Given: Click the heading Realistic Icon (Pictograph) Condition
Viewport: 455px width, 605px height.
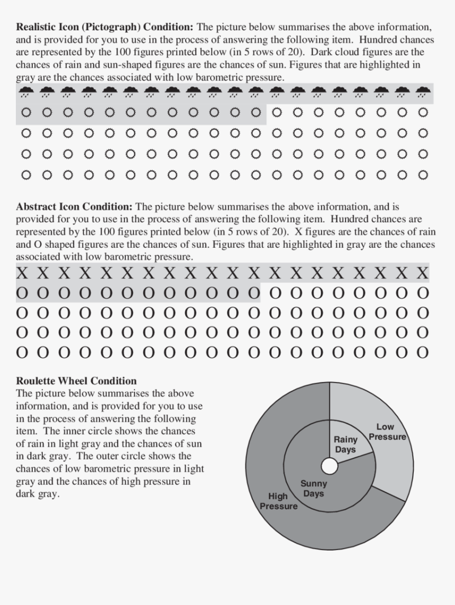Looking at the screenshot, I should [105, 27].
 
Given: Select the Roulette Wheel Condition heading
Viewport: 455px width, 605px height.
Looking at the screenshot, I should [76, 381].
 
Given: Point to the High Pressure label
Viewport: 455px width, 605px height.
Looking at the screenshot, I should [278, 501].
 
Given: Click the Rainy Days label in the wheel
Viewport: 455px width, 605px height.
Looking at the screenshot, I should [345, 445].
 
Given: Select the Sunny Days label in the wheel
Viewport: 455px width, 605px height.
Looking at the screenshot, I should [313, 489].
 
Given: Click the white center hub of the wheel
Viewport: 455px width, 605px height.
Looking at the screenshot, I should [330, 466].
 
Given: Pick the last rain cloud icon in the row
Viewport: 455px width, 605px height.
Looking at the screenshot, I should [422, 93].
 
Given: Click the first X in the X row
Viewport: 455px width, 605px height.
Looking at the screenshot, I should [22, 274].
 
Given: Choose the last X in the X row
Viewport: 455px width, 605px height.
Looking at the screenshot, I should [422, 274].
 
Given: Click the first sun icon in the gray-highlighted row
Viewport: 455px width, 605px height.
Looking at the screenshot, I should [26, 112].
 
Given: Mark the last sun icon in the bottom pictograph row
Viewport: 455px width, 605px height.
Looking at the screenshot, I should [422, 174].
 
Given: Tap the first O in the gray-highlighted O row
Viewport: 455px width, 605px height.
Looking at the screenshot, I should [22, 293].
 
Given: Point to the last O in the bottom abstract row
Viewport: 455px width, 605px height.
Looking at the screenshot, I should [422, 352].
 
